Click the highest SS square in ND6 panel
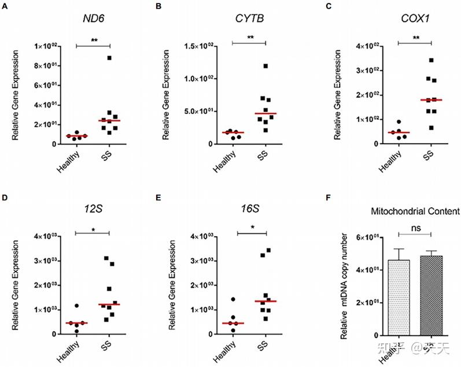tap(109, 58)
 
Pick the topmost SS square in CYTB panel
tap(265, 66)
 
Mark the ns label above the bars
tap(415, 228)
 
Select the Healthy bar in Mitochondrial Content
tap(399, 298)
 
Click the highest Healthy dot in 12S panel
tap(76, 305)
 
